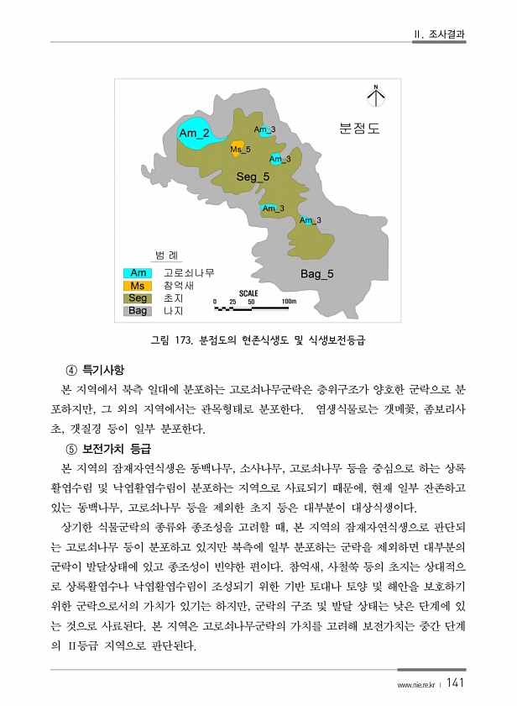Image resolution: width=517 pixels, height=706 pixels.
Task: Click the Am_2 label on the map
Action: click(x=194, y=133)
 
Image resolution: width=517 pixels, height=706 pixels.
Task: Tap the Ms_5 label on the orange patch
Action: click(x=241, y=150)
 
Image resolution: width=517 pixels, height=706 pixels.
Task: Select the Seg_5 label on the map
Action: click(x=253, y=176)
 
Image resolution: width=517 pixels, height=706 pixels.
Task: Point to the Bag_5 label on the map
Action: click(x=317, y=274)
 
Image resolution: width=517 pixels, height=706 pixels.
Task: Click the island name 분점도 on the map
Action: click(x=359, y=129)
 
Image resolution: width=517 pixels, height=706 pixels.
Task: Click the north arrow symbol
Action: click(x=376, y=97)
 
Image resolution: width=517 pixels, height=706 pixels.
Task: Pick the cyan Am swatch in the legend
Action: click(x=138, y=273)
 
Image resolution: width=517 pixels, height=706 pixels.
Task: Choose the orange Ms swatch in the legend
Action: click(x=138, y=286)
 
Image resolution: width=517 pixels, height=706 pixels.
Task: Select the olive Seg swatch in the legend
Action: click(x=138, y=298)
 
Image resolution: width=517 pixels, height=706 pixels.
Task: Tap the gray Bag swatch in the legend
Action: click(x=138, y=311)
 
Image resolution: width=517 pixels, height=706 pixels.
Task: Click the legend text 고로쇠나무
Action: click(x=189, y=273)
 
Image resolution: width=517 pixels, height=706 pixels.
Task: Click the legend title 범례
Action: click(x=167, y=256)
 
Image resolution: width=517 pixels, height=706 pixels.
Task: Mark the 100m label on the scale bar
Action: click(x=290, y=301)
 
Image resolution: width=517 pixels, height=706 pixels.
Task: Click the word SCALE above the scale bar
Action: click(x=248, y=293)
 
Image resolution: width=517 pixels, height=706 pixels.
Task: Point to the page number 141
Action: click(x=457, y=682)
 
